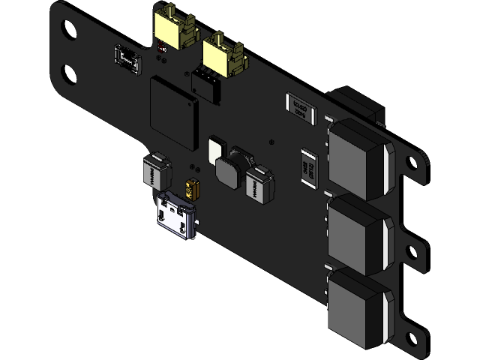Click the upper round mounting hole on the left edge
[68, 31]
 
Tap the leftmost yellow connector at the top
[172, 28]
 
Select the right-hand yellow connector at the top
[223, 55]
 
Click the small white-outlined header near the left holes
[127, 59]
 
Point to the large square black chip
[174, 115]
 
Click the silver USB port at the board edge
[175, 214]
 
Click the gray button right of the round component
[259, 185]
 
